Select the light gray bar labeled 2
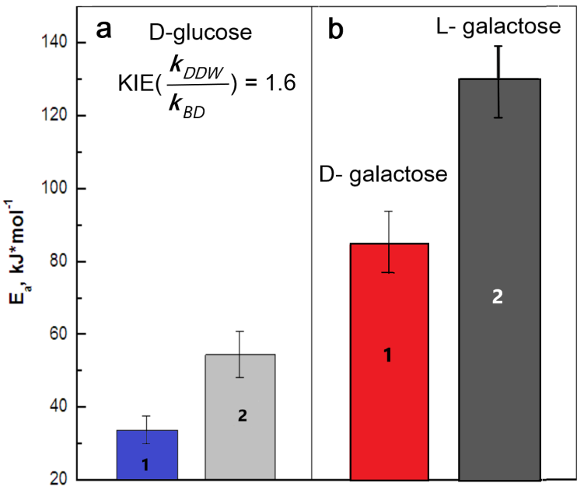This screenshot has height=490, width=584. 240,416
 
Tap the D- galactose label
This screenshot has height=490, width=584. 384,174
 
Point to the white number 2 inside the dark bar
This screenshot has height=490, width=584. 498,296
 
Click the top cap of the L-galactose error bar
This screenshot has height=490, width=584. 498,47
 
